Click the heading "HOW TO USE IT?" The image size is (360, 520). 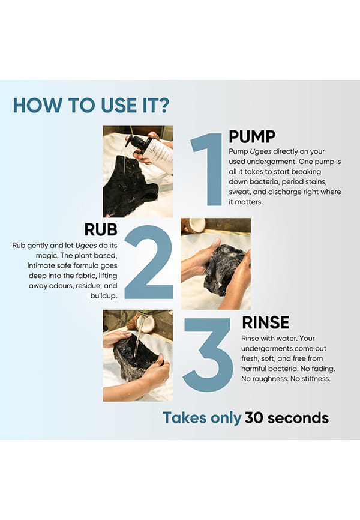click(91, 106)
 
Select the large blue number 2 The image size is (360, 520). click(149, 262)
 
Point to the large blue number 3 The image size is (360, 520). click(208, 355)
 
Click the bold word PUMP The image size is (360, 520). click(252, 136)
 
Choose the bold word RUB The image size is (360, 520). click(101, 229)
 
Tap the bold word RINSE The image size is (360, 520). click(266, 322)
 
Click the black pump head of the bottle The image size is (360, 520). click(137, 142)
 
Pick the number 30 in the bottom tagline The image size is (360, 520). click(254, 418)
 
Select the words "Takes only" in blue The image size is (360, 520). click(202, 418)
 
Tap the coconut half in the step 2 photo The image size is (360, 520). click(197, 224)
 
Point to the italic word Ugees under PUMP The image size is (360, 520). click(260, 151)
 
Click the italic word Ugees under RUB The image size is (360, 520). click(86, 246)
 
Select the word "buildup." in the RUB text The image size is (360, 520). click(104, 295)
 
